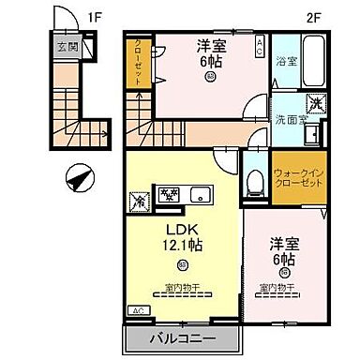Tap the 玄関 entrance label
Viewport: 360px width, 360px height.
click(x=65, y=45)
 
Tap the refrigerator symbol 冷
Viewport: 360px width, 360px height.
click(x=137, y=199)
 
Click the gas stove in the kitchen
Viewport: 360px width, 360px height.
click(x=169, y=196)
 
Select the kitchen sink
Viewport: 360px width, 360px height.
click(x=199, y=196)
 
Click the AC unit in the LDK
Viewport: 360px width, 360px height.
click(x=137, y=310)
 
